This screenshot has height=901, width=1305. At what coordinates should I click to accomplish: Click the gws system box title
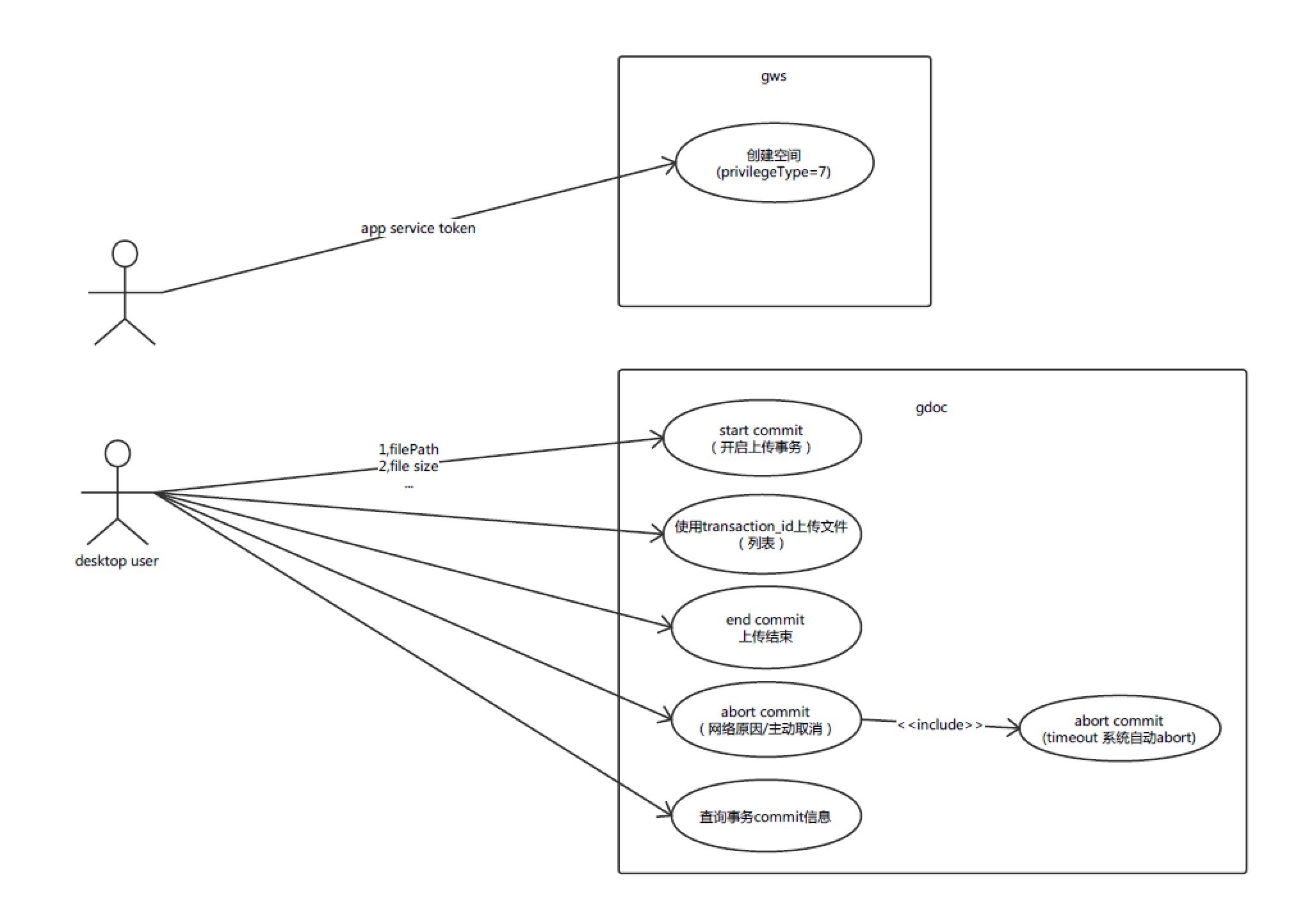click(774, 76)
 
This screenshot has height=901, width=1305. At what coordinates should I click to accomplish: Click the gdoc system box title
click(931, 408)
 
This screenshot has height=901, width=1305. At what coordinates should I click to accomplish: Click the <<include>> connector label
click(940, 724)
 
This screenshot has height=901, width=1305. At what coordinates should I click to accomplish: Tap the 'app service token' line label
click(418, 228)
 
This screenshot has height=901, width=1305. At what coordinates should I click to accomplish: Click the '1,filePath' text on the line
click(409, 449)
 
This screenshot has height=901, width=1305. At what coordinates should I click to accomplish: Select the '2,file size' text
click(409, 466)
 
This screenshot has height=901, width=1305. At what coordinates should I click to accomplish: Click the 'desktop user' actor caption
click(117, 561)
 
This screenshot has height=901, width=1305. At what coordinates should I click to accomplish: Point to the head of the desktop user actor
click(118, 454)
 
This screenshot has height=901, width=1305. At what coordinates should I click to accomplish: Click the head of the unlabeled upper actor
click(125, 253)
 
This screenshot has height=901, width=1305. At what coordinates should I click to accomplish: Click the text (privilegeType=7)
click(774, 172)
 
